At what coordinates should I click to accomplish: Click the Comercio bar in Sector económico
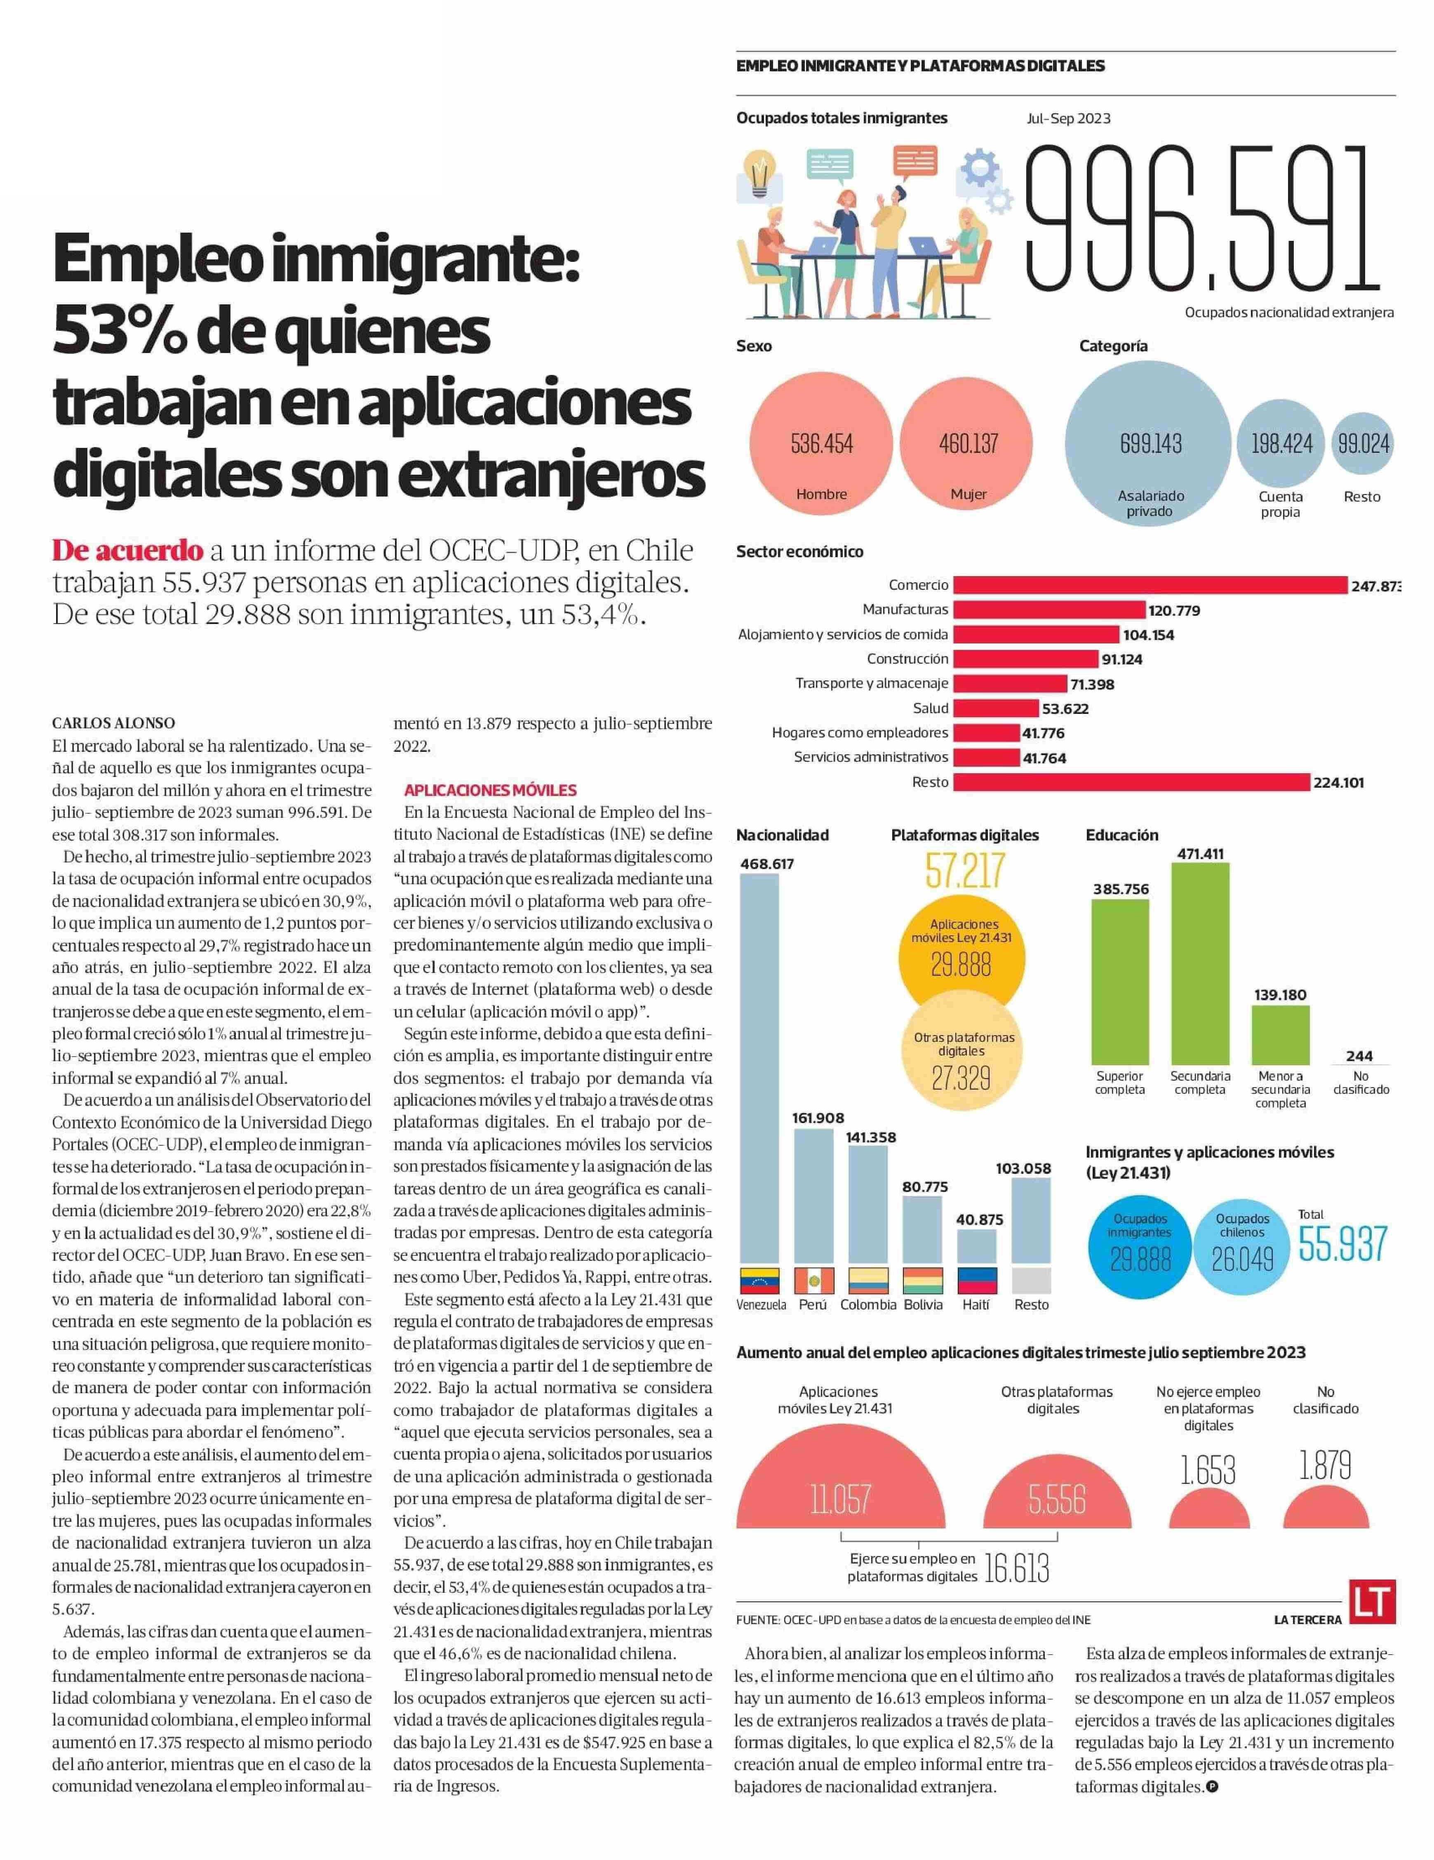pos(1150,585)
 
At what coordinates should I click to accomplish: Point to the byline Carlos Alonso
pos(113,723)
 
